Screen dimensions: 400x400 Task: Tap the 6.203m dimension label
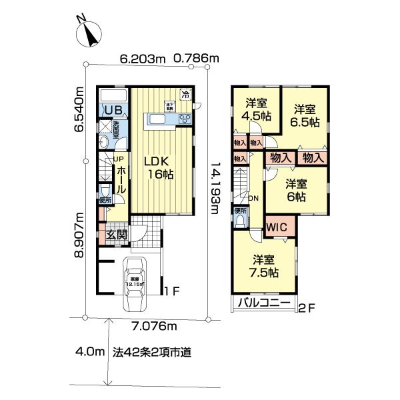pos(142,59)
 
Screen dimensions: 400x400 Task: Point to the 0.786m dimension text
pos(196,59)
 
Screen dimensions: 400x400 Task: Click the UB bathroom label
pos(111,110)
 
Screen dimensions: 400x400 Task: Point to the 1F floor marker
pos(173,291)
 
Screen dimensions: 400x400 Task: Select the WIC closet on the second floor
pos(277,227)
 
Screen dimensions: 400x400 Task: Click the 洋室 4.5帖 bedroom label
pos(257,109)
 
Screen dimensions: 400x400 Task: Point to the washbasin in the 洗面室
pos(104,143)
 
